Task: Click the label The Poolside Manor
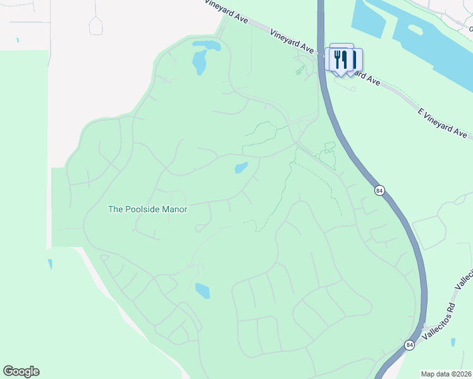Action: [148, 209]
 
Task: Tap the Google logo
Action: [21, 371]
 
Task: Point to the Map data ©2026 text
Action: [446, 374]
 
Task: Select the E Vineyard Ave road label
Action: [442, 123]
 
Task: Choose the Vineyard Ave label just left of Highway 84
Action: [292, 40]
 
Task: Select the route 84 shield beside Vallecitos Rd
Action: [410, 345]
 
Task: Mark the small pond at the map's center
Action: [241, 168]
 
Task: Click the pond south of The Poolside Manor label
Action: [202, 291]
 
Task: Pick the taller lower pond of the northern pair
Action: [200, 62]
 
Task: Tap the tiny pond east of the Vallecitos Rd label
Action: [453, 342]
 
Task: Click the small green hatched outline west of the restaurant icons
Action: [300, 70]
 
